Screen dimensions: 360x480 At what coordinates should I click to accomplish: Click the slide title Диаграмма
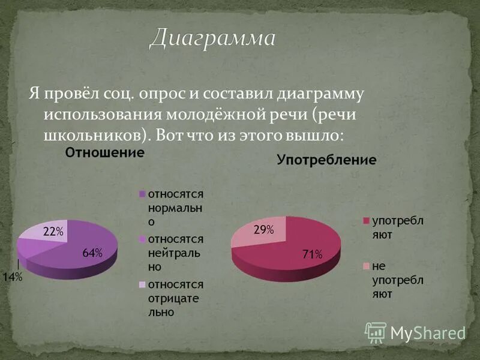tap(212, 39)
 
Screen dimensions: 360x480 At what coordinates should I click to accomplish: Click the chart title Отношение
tap(104, 152)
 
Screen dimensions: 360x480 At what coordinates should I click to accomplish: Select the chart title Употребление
tap(326, 160)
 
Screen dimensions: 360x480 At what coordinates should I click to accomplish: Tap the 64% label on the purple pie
tap(92, 253)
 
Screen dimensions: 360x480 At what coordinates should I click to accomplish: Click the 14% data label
tap(14, 277)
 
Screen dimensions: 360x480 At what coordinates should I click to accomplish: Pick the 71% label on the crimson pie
tap(312, 254)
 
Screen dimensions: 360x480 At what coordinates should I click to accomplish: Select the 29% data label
tap(263, 230)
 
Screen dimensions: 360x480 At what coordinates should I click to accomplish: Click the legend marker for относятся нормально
tap(142, 194)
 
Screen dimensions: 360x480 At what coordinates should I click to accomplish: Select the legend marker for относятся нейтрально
tap(142, 239)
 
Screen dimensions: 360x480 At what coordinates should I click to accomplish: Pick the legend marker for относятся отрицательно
tap(142, 284)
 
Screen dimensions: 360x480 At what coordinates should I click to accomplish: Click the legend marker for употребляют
tap(365, 221)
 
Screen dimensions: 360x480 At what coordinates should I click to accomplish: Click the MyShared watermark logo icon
tap(376, 332)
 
